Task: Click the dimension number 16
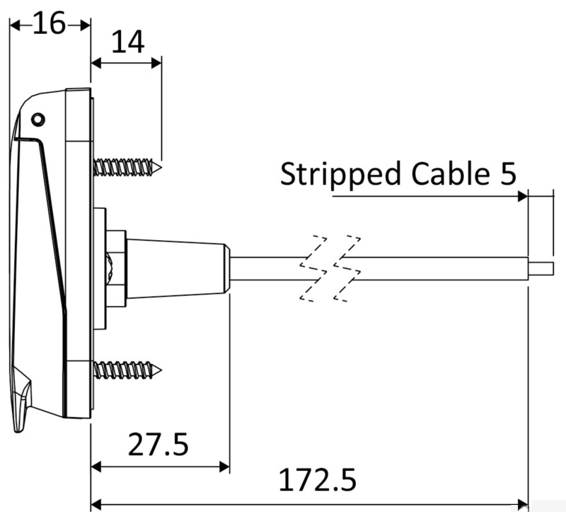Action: [x=49, y=23]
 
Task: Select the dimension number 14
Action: [x=128, y=42]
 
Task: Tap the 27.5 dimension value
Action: [x=158, y=444]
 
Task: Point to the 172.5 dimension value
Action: [x=318, y=479]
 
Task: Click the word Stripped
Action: [x=340, y=175]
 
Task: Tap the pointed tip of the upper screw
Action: [x=161, y=167]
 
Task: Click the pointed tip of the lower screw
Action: [x=161, y=370]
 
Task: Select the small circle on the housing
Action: [x=38, y=119]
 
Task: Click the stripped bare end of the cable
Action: [x=541, y=268]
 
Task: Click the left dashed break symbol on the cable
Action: [x=313, y=269]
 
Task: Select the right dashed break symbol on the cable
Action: [x=347, y=269]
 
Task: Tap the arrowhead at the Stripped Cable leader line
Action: [x=522, y=197]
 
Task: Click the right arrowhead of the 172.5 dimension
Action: [x=522, y=504]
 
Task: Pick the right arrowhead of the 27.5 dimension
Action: [x=224, y=467]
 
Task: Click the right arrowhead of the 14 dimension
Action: [x=156, y=64]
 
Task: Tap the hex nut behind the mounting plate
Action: [x=116, y=268]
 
